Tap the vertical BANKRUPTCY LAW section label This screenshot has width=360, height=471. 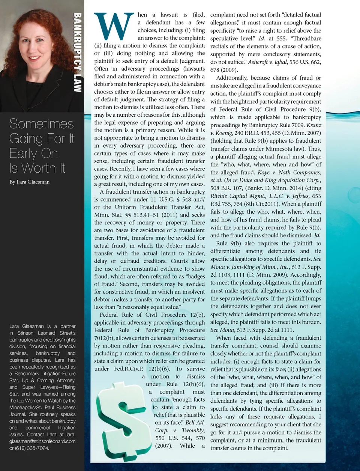click(x=78, y=53)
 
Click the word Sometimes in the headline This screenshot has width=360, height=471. click(x=42, y=124)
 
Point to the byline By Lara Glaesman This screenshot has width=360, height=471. click(x=29, y=182)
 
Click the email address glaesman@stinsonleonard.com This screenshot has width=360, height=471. click(x=42, y=441)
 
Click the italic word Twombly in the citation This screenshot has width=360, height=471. click(x=193, y=430)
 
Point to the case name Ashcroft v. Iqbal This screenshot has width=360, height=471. click(x=268, y=62)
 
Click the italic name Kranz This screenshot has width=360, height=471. click(x=314, y=125)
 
